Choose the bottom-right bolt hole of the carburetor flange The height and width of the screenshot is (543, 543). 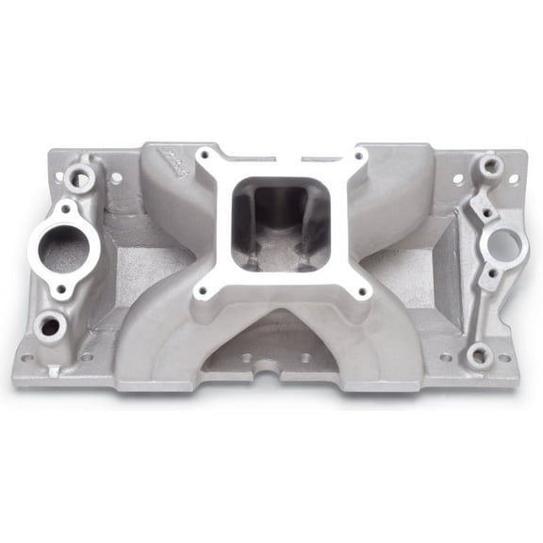(x=364, y=291)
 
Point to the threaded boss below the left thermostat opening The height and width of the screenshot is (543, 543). (x=47, y=326)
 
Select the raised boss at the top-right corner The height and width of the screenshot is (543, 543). (x=488, y=167)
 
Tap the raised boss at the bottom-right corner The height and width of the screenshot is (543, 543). (x=478, y=355)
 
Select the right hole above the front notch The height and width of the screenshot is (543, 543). (x=304, y=358)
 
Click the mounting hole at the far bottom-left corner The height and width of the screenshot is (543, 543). (x=28, y=358)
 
